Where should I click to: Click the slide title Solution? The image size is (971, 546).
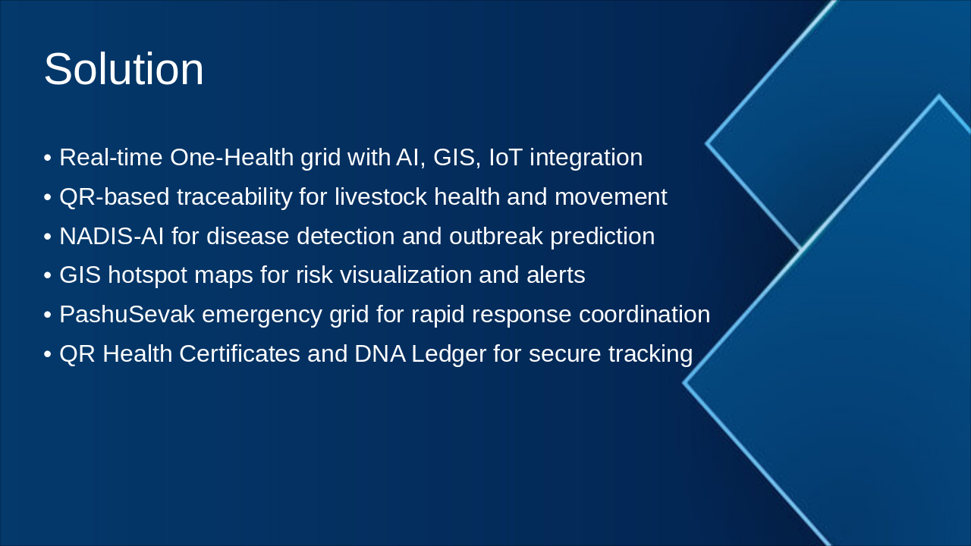tap(124, 69)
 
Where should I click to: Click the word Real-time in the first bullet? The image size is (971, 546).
tap(111, 157)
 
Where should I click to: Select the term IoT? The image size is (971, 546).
tap(505, 157)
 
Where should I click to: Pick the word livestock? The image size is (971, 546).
tap(381, 196)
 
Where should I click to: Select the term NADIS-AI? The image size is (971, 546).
tap(112, 236)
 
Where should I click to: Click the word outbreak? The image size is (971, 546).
tap(496, 236)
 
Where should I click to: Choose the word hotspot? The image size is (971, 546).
tap(147, 276)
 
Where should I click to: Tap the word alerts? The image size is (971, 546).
tap(556, 275)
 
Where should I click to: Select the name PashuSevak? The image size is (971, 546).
tap(127, 314)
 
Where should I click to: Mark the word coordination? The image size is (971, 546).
tap(645, 314)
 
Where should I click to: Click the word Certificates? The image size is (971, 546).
tap(240, 353)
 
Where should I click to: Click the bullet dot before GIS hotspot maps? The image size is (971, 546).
tap(48, 275)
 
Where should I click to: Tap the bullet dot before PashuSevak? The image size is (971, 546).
tap(48, 315)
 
